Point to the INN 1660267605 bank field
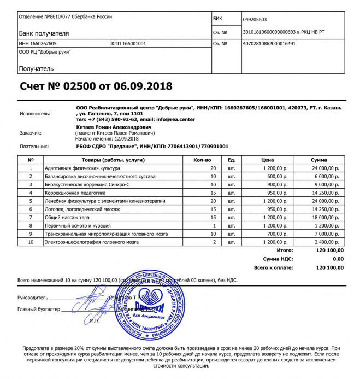click(38, 43)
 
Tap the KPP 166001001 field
click(128, 43)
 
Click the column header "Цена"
click(268, 159)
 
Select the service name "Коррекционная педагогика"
click(73, 193)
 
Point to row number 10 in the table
click(31, 242)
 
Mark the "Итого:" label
click(285, 250)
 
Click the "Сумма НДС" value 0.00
click(338, 259)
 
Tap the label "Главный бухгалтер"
click(38, 310)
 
